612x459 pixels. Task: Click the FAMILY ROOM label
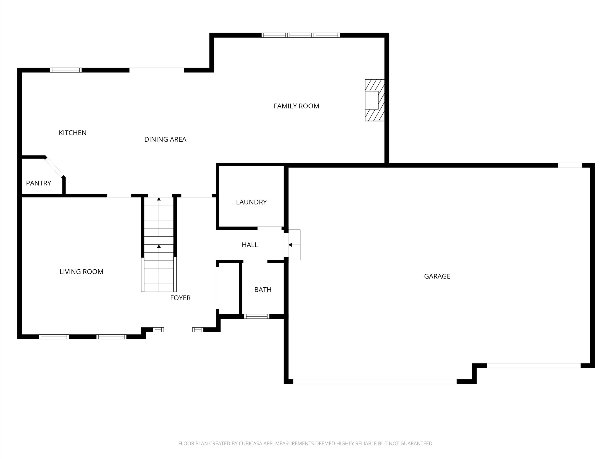tap(296, 106)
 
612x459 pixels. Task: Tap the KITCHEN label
tap(72, 133)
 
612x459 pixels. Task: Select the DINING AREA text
tap(165, 139)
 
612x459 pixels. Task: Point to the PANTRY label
tap(38, 183)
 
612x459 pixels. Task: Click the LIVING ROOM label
tap(81, 272)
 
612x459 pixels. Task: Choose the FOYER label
tap(180, 298)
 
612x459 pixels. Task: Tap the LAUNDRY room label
tap(251, 202)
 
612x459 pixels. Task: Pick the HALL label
tap(250, 245)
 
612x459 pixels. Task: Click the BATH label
tap(263, 290)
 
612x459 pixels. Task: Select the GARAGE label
tap(437, 276)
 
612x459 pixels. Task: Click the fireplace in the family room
tap(375, 100)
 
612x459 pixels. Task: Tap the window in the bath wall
tap(257, 317)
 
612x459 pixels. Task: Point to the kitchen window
tap(66, 70)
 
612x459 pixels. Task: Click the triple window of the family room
tap(301, 35)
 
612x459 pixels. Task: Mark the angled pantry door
tap(55, 167)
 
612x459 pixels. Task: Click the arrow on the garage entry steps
tap(294, 245)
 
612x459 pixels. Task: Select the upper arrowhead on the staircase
tap(159, 199)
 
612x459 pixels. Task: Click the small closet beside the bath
tap(229, 289)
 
